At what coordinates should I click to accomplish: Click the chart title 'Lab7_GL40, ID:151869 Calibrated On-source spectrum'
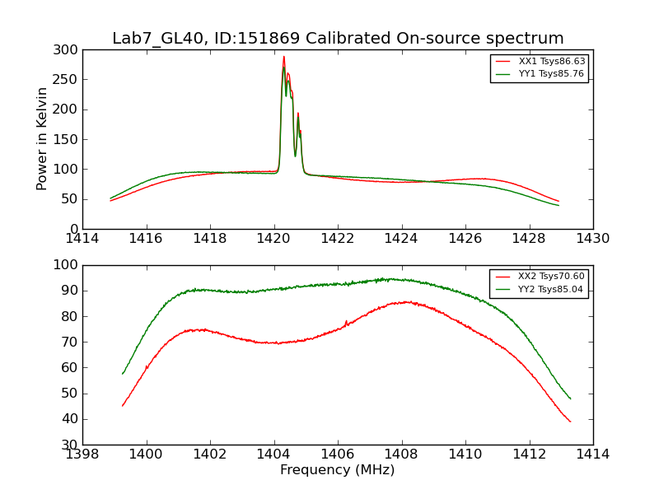coord(338,39)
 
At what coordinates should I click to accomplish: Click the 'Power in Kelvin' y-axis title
coord(42,139)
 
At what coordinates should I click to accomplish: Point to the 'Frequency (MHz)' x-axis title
coord(337,470)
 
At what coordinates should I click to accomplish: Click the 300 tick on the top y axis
coord(67,50)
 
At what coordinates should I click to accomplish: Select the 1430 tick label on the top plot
coord(592,239)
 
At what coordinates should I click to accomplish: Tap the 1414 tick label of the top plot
coord(83,239)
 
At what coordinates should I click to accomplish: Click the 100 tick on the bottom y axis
coord(67,265)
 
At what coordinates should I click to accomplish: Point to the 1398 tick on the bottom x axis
coord(83,454)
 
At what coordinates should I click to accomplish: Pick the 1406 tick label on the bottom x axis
coord(337,454)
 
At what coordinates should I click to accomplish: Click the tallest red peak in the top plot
coord(283,57)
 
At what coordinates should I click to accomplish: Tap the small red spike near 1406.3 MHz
coord(346,321)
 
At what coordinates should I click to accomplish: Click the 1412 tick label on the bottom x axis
coord(529,454)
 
